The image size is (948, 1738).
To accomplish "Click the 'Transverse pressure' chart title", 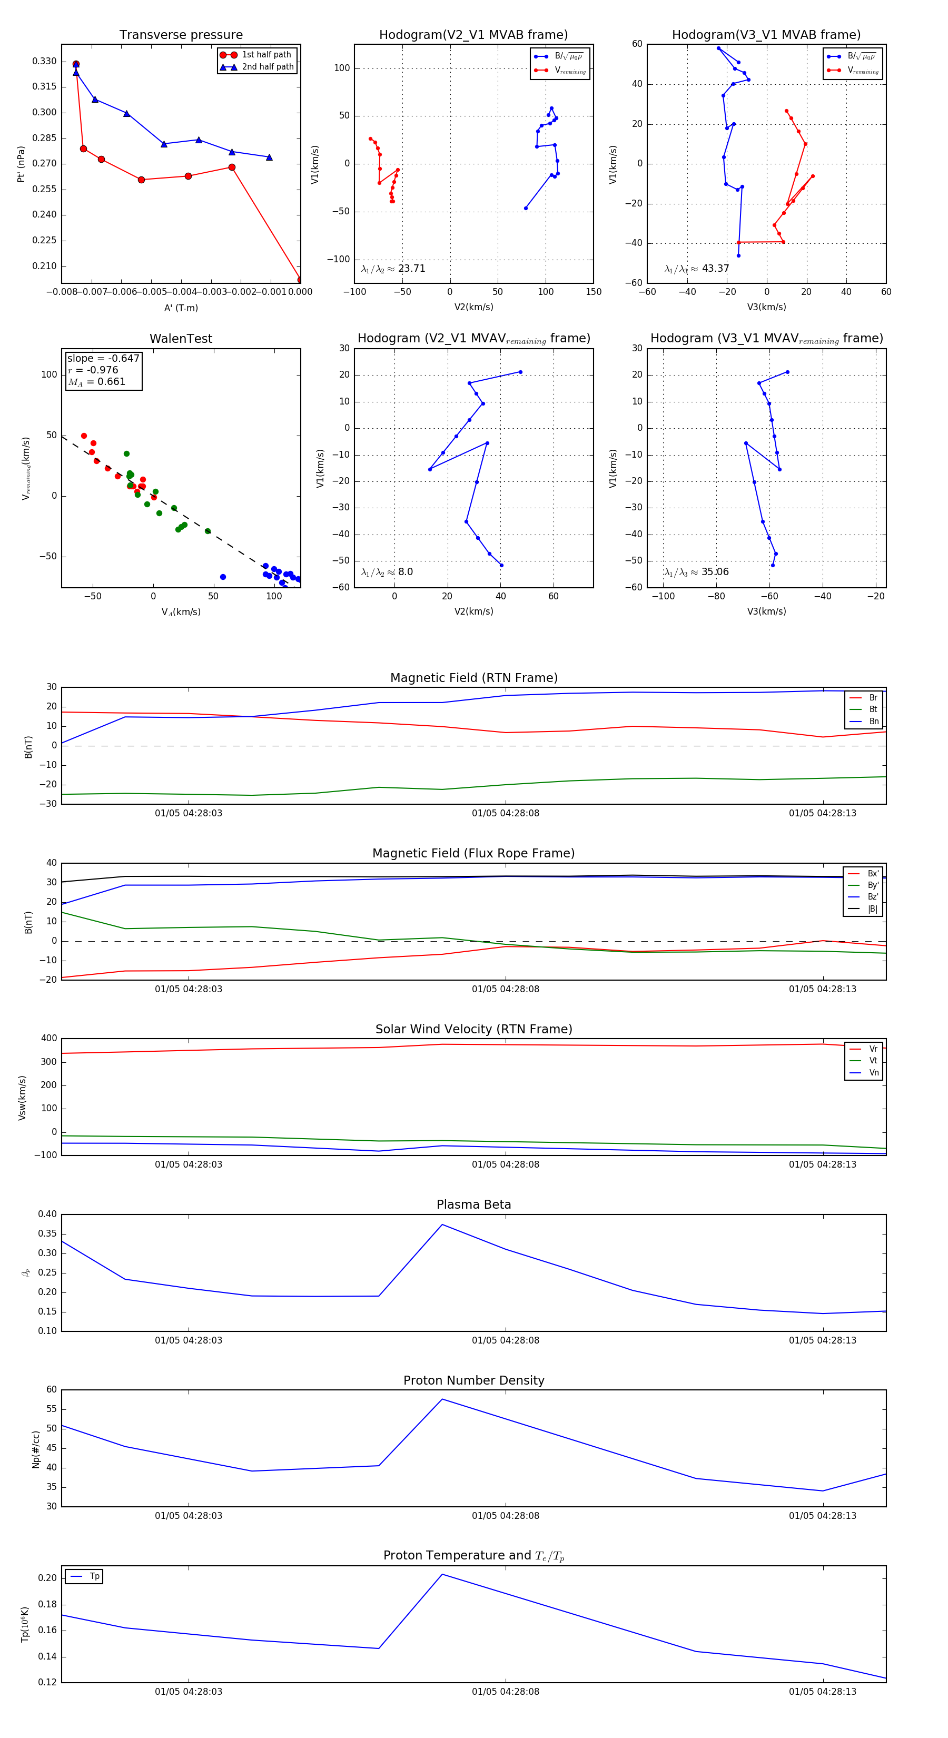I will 181,35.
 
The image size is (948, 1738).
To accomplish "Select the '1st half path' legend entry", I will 266,55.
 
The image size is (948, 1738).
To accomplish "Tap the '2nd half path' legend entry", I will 267,67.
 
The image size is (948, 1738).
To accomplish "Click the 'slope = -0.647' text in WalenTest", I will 103,358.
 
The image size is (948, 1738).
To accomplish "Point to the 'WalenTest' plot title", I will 181,339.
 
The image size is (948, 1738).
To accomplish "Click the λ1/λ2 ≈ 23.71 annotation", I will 393,269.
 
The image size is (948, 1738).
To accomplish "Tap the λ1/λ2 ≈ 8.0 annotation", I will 387,572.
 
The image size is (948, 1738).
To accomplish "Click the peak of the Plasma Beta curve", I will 442,1224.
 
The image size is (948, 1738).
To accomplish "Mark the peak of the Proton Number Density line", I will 442,1399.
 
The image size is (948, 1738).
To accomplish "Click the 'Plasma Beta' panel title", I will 473,1204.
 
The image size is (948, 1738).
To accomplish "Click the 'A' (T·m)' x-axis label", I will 181,308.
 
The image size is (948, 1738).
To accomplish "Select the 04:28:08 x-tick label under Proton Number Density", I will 506,1515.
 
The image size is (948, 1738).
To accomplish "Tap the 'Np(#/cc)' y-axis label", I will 36,1449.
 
